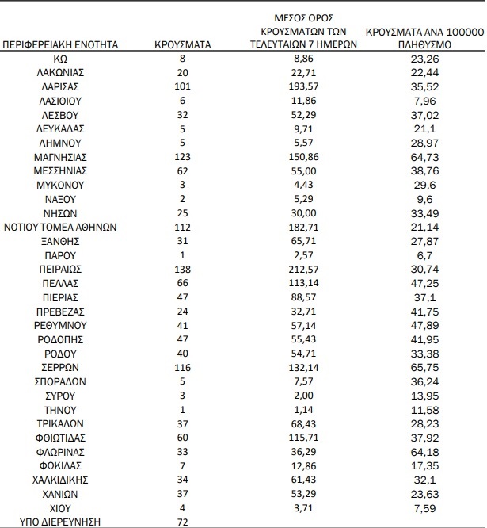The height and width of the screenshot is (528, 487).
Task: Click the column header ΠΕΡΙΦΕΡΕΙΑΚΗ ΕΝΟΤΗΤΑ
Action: [x=61, y=45]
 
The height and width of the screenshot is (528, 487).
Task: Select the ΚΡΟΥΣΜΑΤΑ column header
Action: [x=182, y=45]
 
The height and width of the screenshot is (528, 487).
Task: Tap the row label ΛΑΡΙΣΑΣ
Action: [x=61, y=86]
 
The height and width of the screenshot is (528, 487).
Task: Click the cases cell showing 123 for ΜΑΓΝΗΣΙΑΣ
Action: [x=182, y=156]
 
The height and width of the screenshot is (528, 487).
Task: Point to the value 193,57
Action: [x=315, y=86]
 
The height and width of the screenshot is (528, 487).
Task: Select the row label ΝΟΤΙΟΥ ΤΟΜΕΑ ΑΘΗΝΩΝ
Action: [x=61, y=226]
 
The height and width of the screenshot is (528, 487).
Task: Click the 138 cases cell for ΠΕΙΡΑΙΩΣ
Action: [x=182, y=269]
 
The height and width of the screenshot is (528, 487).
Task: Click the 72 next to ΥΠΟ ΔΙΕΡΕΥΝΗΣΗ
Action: [x=182, y=521]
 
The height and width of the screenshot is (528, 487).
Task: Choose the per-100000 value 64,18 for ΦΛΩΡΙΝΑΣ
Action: [x=424, y=450]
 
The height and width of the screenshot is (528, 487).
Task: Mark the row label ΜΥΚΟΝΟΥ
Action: [x=61, y=184]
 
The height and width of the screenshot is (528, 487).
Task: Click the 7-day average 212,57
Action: [x=315, y=269]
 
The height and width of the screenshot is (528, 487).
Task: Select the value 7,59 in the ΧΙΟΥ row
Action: [x=424, y=507]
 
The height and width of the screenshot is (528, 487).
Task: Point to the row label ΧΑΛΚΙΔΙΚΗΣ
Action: [x=61, y=479]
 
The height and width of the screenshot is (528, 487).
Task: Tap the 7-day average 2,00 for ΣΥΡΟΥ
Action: [x=315, y=395]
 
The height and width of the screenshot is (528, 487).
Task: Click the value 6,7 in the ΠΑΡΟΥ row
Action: [x=424, y=254]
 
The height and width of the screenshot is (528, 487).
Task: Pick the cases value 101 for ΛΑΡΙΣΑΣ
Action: [x=182, y=86]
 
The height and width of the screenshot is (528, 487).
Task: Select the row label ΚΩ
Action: [x=61, y=59]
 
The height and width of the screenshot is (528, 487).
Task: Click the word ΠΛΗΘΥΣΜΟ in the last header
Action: [x=424, y=45]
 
